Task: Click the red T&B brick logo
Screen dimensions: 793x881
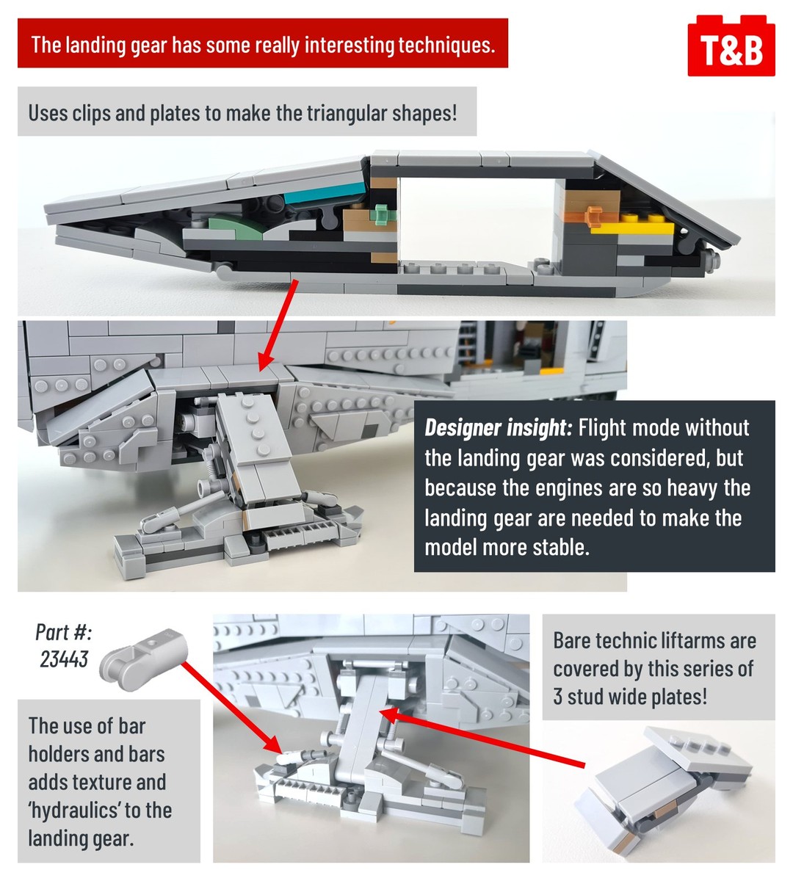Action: tap(731, 46)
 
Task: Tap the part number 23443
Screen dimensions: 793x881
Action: tap(64, 659)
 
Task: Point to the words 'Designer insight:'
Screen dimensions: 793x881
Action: tap(498, 428)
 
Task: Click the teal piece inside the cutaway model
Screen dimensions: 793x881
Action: tap(325, 192)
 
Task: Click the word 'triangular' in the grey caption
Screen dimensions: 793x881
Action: tap(346, 113)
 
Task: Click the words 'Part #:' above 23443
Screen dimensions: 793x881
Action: tap(64, 632)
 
